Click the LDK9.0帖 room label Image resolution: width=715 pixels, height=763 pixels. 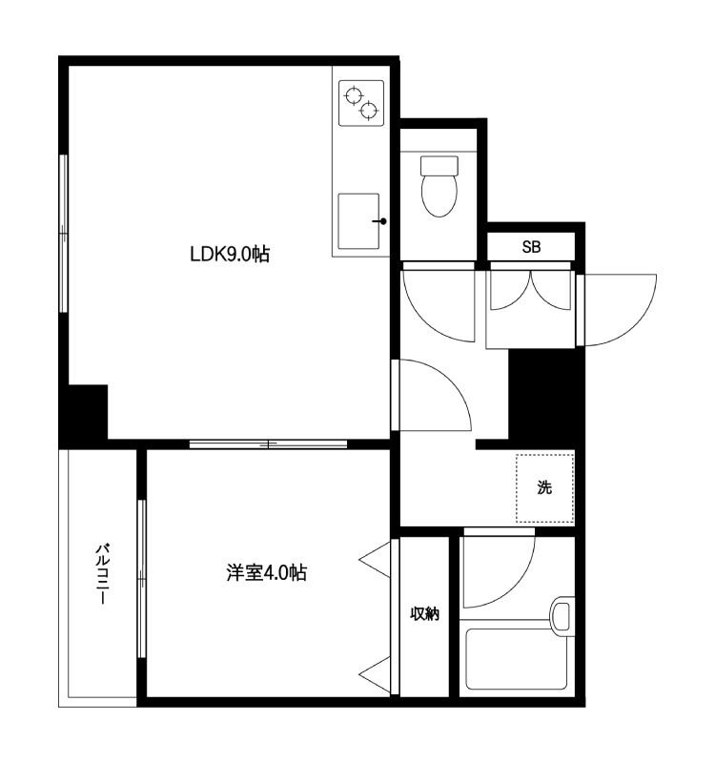(229, 254)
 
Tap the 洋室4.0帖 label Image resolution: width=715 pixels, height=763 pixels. (267, 573)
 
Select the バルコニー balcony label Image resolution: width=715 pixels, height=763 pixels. (102, 574)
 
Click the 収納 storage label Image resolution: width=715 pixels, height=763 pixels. (424, 614)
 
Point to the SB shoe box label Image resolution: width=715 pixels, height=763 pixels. (531, 247)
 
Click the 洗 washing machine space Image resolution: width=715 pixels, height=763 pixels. (544, 488)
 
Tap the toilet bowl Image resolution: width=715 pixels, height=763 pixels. (439, 195)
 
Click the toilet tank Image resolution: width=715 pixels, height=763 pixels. (439, 166)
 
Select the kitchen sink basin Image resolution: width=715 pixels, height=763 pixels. (358, 221)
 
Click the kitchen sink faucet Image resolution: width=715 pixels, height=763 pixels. (379, 221)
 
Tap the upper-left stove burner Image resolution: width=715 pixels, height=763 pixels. (354, 94)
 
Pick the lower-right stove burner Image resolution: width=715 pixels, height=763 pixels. (369, 111)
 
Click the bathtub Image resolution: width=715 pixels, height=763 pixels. (516, 659)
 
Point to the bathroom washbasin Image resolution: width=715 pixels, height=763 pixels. (562, 616)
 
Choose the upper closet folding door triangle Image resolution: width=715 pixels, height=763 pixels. (375, 560)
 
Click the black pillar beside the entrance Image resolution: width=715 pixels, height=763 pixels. (545, 397)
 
